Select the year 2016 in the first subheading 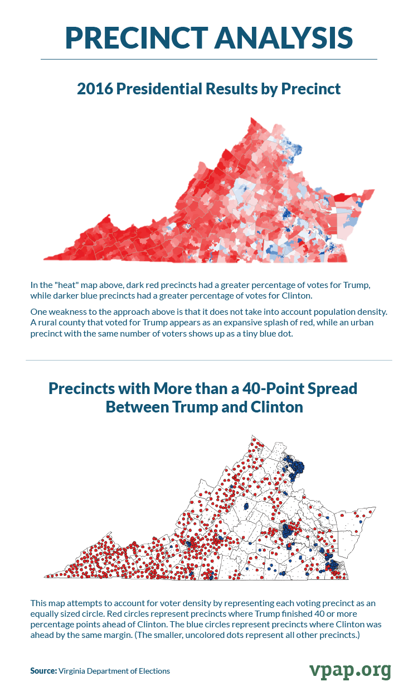(x=95, y=88)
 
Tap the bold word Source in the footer (x=43, y=671)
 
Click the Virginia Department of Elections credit (x=114, y=671)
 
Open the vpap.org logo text (x=350, y=670)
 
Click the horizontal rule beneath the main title (x=209, y=59)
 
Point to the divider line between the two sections (x=209, y=360)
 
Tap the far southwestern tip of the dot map (x=47, y=575)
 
